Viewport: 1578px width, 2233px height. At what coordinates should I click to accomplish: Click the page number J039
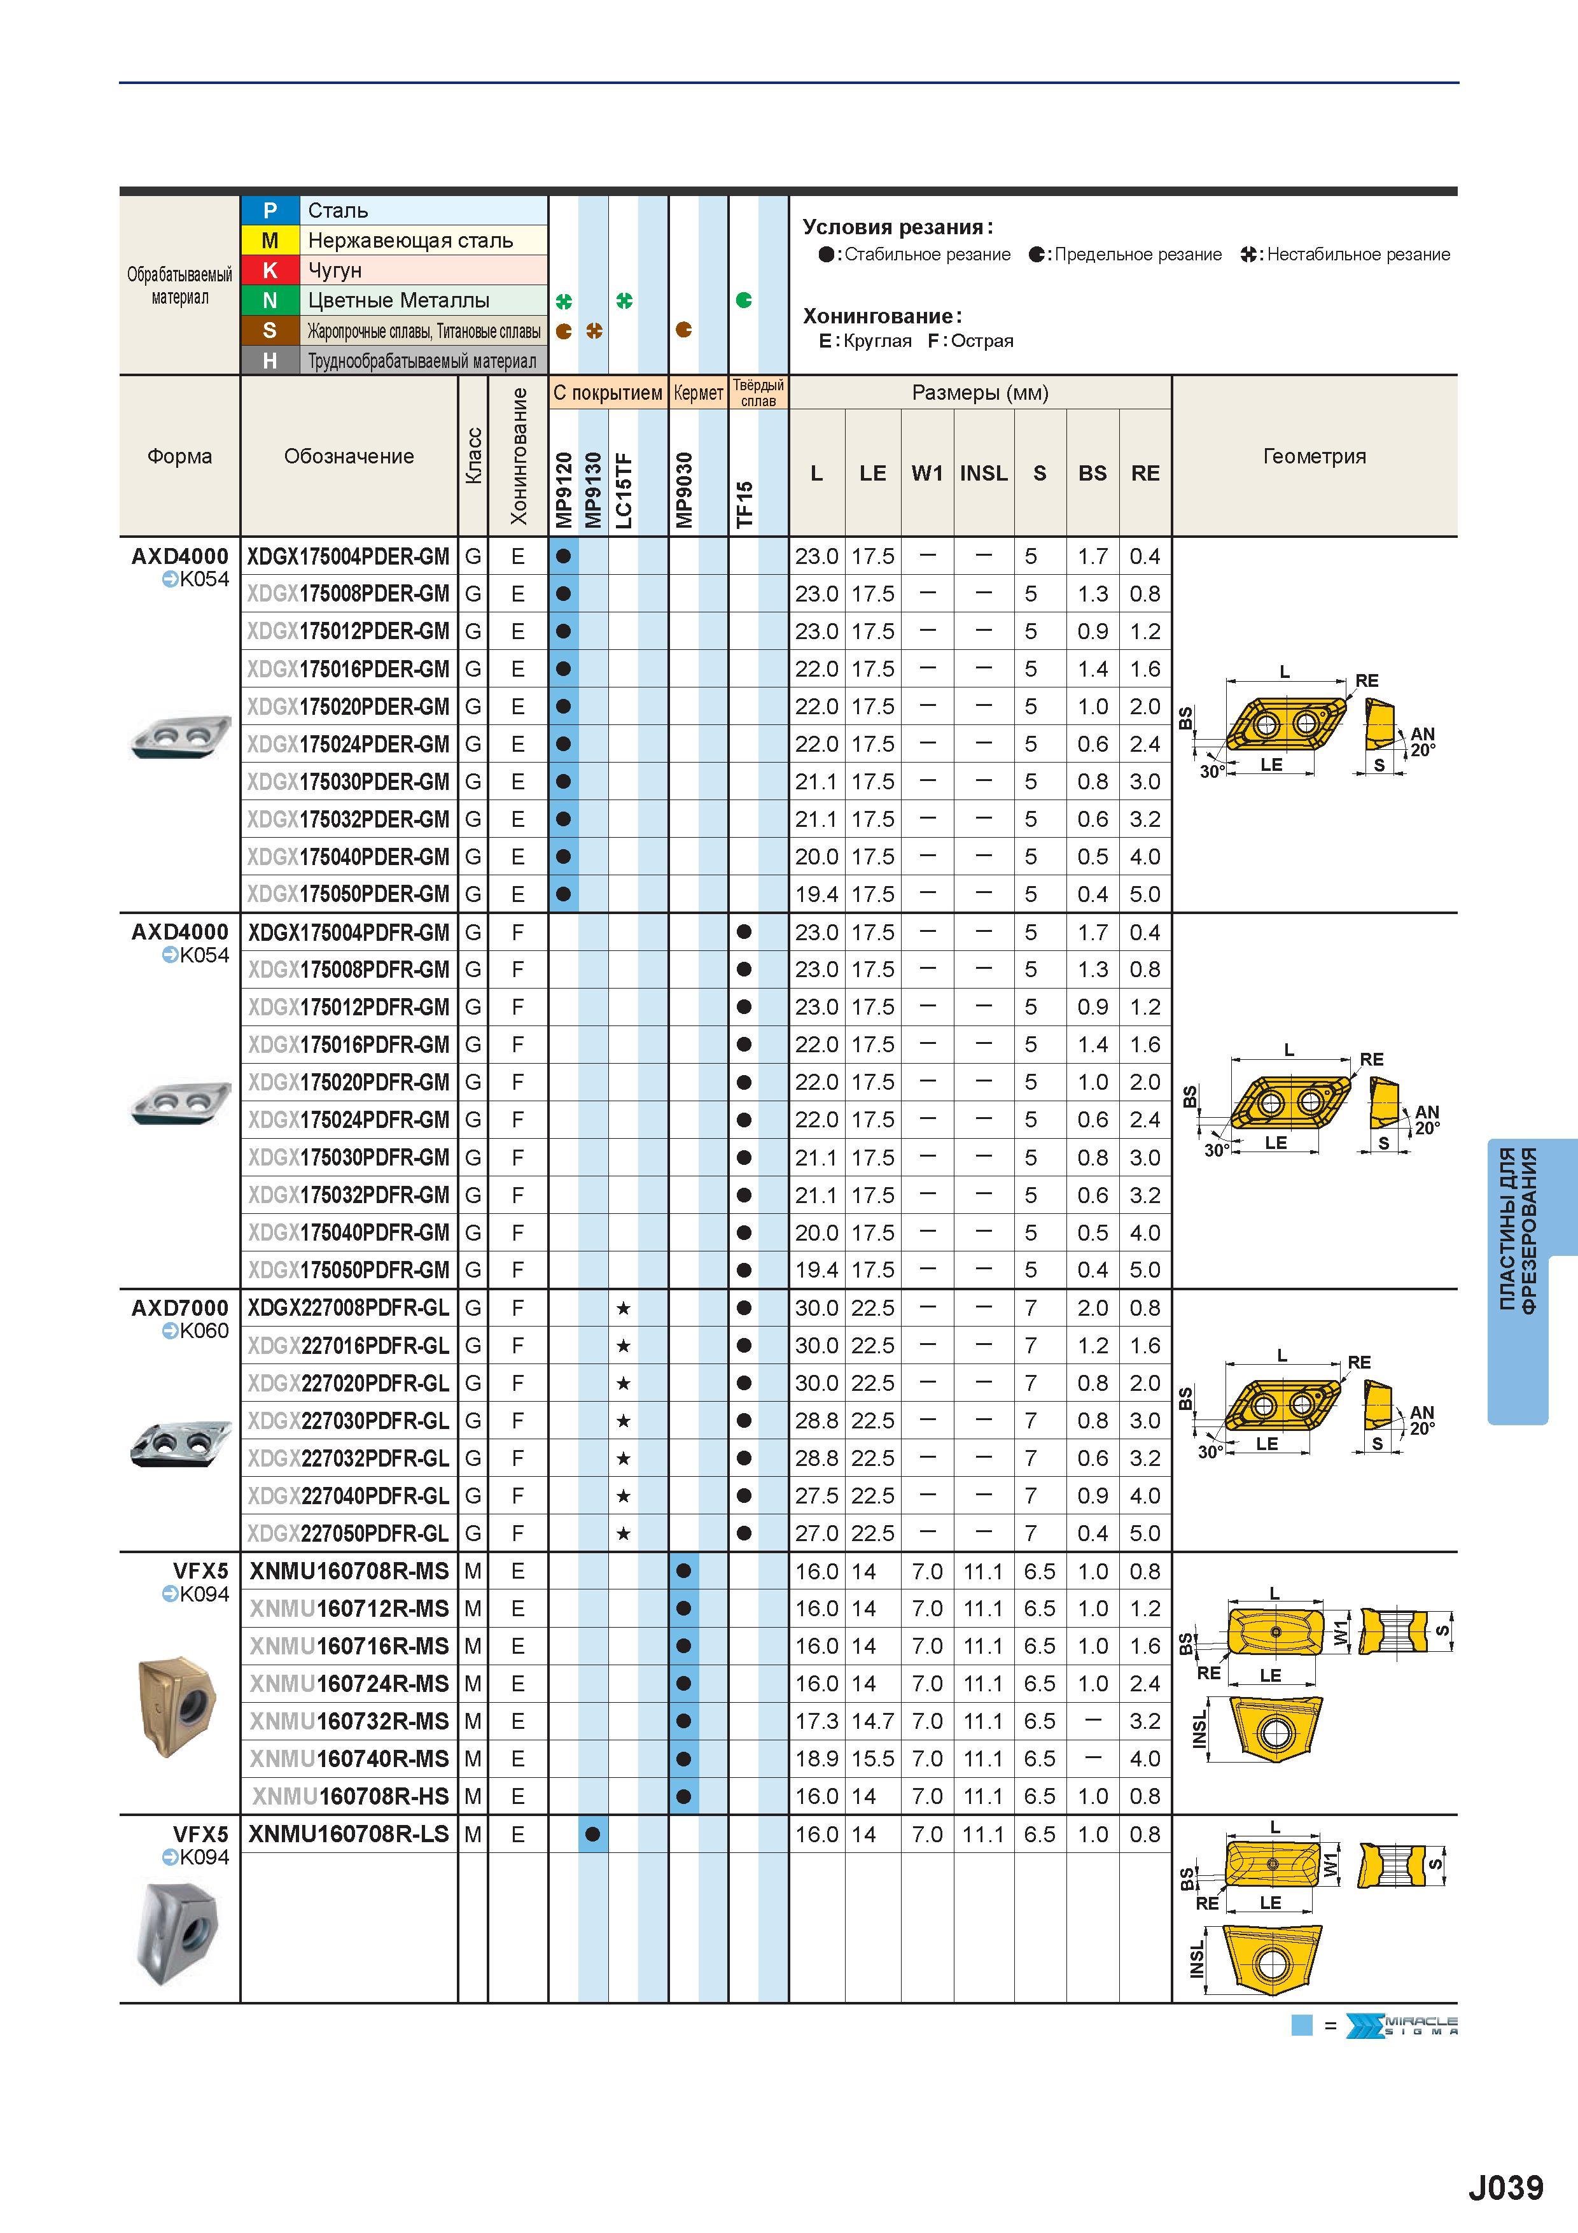pos(1505,2187)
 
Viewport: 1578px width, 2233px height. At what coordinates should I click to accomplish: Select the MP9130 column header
pos(593,490)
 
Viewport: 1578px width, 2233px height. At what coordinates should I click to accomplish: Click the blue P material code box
pos(270,210)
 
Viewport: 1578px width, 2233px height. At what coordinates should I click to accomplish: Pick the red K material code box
pos(270,271)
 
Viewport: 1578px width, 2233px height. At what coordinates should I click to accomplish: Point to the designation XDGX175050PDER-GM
pos(348,894)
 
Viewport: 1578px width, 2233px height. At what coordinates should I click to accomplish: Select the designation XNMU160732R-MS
pos(349,1721)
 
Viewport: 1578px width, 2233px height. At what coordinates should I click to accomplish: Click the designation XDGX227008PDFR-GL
pos(348,1308)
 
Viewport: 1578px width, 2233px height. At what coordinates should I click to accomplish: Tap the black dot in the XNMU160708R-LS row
pos(593,1835)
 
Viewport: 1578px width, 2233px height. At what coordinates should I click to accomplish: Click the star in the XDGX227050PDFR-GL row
pos(623,1533)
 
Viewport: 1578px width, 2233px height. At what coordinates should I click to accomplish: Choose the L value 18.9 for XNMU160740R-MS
pos(817,1758)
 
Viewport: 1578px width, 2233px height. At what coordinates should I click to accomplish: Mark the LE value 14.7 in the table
pos(872,1721)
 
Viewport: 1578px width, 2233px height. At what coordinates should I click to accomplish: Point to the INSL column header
pos(984,473)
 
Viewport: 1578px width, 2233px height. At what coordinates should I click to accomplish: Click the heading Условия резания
pos(897,228)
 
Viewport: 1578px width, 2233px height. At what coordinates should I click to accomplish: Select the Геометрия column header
pos(1315,456)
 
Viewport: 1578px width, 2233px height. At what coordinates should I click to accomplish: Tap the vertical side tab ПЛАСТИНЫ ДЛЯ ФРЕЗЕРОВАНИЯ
pos(1518,1230)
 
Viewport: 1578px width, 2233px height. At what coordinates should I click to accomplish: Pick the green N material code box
pos(270,300)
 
